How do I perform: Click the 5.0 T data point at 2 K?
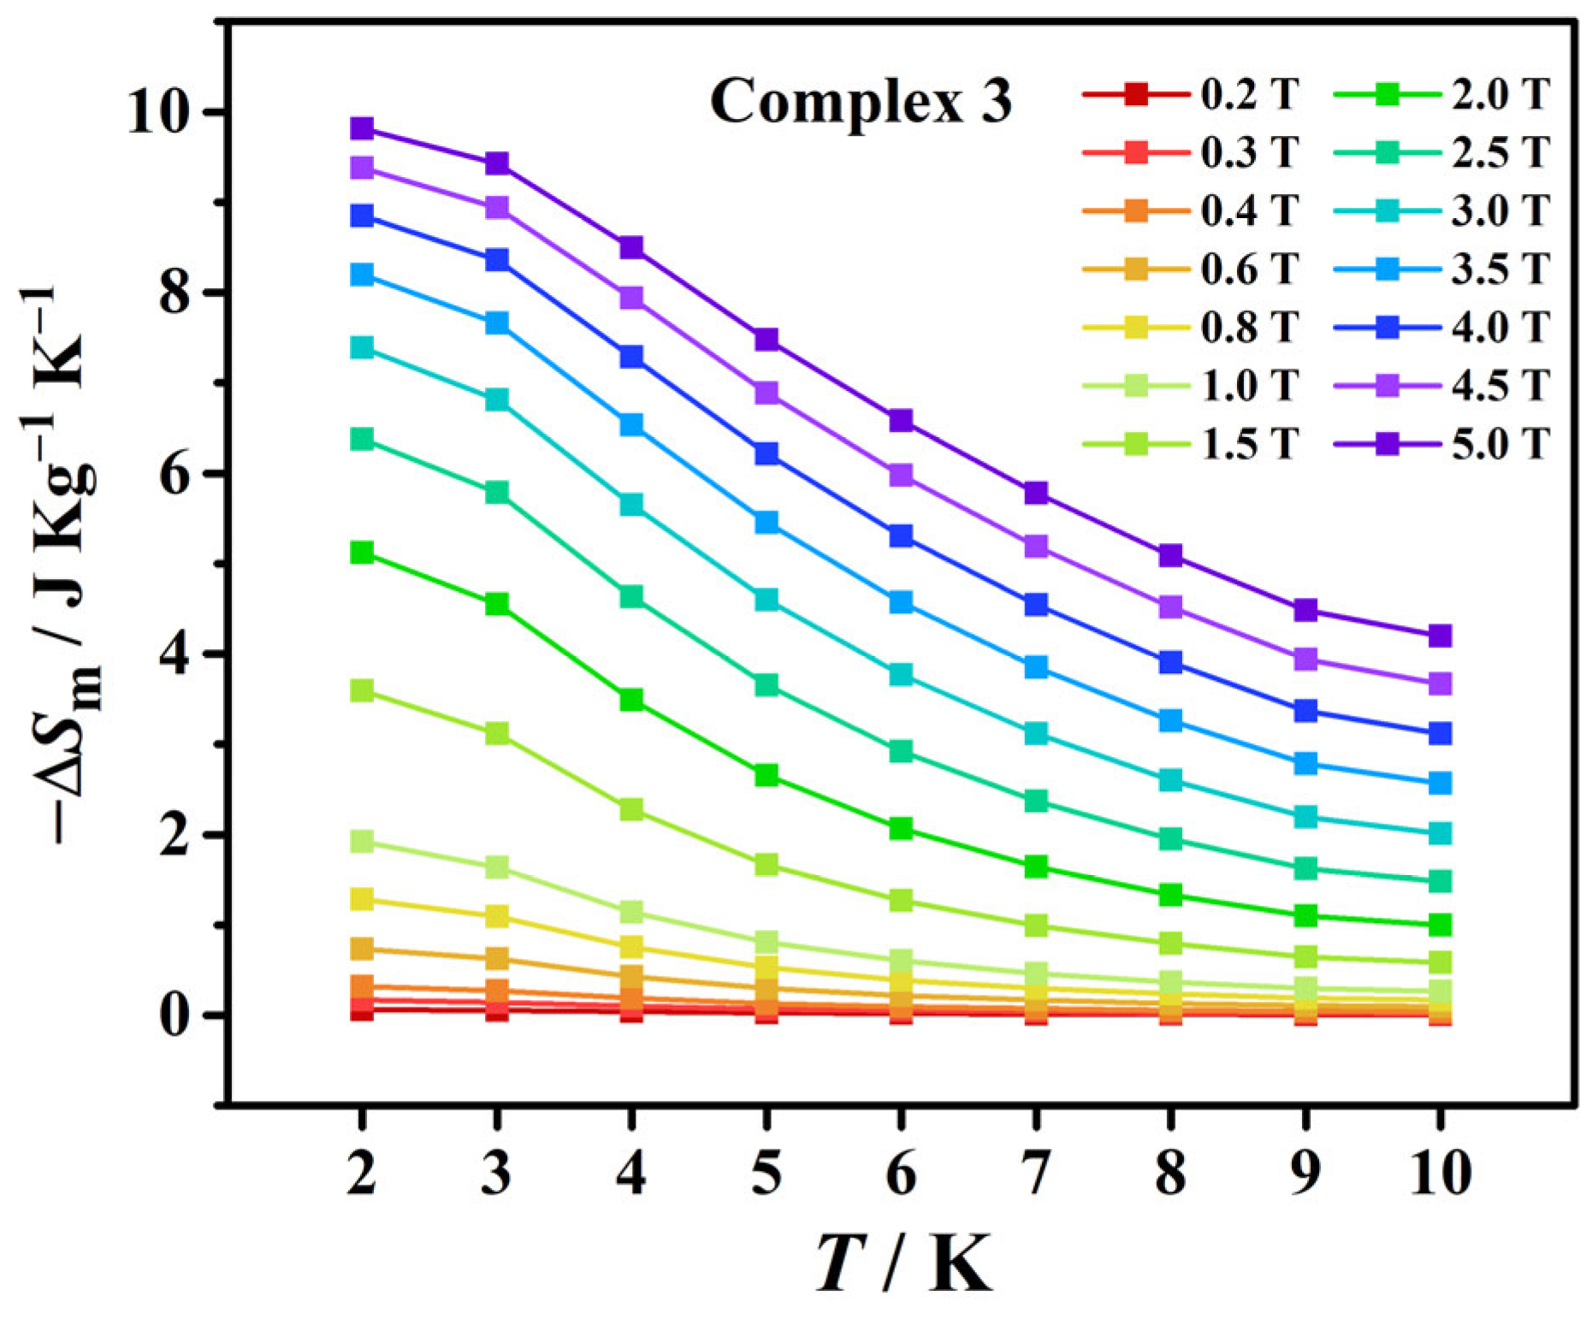(x=362, y=129)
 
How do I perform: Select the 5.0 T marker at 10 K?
(x=1440, y=636)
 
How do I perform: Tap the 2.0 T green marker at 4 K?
(x=631, y=700)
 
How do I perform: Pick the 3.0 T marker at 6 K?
(x=901, y=674)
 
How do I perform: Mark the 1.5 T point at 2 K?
(x=362, y=690)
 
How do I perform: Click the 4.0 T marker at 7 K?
(x=1036, y=605)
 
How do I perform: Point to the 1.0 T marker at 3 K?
(x=497, y=867)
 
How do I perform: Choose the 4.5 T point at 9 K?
(x=1305, y=659)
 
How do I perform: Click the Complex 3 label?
(x=861, y=101)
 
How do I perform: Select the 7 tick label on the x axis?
(x=1036, y=1174)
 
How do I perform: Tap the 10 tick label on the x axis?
(x=1440, y=1174)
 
